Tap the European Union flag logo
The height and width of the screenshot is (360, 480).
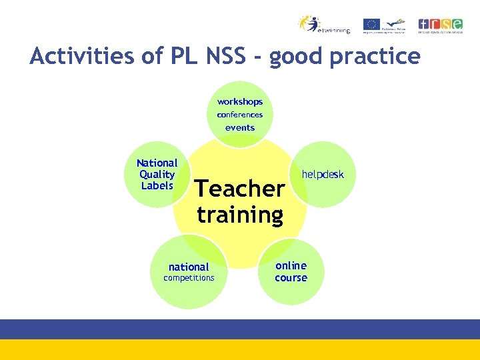click(371, 24)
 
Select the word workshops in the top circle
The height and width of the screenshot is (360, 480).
click(240, 102)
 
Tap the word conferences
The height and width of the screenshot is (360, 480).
click(240, 115)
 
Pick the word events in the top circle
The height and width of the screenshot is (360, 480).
click(240, 127)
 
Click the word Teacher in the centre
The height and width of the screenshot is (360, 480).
click(239, 189)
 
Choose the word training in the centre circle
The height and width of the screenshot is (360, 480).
click(240, 215)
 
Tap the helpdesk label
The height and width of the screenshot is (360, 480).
click(323, 175)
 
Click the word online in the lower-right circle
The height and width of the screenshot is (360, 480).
click(291, 265)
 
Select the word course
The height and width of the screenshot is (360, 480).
click(291, 278)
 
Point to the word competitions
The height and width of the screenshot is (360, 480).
click(189, 278)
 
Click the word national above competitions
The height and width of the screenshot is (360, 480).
click(189, 267)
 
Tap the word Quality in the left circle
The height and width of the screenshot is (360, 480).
click(157, 175)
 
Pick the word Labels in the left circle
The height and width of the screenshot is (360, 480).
click(157, 186)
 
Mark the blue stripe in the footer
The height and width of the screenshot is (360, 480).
click(240, 329)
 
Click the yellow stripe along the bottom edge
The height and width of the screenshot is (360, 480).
click(240, 349)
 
